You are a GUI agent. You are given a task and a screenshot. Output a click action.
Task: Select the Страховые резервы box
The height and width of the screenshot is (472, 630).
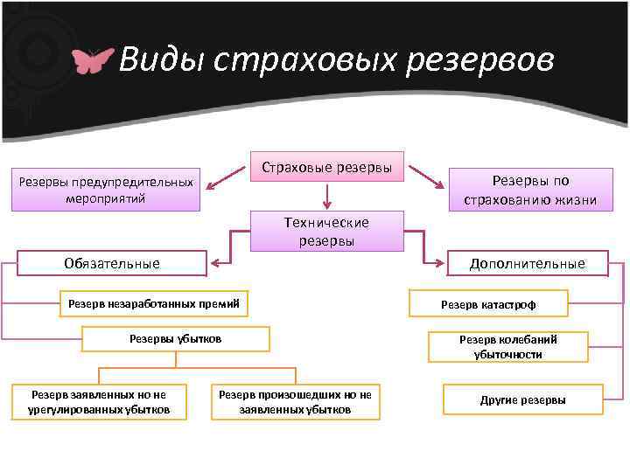(x=327, y=165)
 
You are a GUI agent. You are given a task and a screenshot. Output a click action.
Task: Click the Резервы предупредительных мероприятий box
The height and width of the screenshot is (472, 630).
(x=106, y=190)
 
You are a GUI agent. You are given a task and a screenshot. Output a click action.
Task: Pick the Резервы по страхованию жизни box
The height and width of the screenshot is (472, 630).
(x=530, y=190)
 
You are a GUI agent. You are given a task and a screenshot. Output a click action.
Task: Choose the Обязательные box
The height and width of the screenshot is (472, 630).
(x=113, y=263)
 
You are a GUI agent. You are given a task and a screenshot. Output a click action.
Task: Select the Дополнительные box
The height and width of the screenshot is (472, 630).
(x=527, y=263)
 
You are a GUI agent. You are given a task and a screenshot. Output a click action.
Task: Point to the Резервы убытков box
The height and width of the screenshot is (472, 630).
(x=175, y=338)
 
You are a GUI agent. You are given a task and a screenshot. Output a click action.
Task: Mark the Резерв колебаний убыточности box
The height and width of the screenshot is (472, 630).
(x=507, y=347)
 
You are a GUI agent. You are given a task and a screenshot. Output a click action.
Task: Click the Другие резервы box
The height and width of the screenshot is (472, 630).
(x=522, y=399)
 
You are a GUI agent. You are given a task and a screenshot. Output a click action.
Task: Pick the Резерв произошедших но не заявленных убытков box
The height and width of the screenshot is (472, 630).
(x=295, y=402)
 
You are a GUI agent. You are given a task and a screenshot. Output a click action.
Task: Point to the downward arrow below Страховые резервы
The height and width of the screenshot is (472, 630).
(x=327, y=195)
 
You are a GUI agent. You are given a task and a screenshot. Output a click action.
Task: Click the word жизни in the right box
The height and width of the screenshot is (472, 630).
(x=574, y=199)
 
